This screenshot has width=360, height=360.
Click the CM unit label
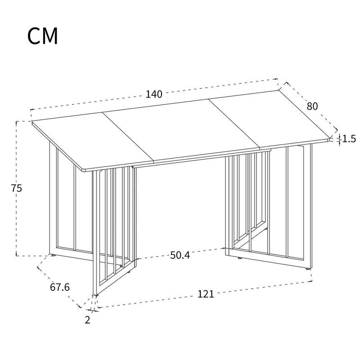point(43,36)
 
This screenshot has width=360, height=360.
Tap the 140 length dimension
point(154,94)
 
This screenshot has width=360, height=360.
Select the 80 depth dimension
point(312,106)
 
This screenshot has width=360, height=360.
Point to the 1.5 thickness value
point(349,139)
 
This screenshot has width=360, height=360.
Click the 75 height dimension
point(17,188)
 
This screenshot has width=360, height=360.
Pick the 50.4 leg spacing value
point(180,255)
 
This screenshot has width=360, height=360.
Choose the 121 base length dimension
point(206,294)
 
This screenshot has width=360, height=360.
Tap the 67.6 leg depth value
point(60,287)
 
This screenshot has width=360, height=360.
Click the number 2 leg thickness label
point(87,320)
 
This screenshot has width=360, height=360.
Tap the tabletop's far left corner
point(32,121)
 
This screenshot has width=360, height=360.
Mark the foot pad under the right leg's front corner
point(308,268)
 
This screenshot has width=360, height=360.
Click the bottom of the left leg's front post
point(95,294)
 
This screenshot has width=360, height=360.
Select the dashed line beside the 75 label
point(16,189)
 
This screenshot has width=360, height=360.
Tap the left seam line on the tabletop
point(128,137)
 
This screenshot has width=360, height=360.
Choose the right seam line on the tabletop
point(234,124)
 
